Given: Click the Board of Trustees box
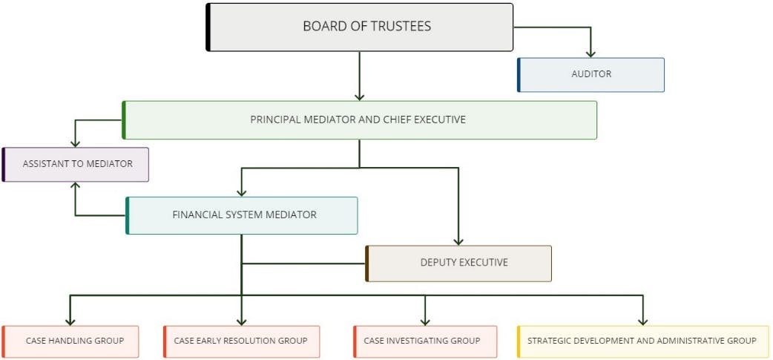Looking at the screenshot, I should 360,27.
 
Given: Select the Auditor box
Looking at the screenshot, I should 591,74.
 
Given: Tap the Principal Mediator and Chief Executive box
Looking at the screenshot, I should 359,120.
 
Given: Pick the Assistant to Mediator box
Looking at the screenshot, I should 76,164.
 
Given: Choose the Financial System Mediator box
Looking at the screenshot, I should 243,215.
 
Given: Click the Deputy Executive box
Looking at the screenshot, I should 459,263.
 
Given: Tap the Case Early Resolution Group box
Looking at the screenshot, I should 242,341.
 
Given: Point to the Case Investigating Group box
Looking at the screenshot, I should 425,341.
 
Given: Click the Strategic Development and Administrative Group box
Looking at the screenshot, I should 642,341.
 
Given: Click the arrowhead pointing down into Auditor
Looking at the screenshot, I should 591,53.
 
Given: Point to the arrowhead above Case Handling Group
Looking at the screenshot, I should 70,321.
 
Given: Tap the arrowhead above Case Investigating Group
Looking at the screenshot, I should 425,321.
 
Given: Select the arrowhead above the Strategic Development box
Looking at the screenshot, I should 642,321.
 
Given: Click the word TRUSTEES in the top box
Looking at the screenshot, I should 398,27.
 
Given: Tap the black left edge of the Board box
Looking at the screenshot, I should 208,27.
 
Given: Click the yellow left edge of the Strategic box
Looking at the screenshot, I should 519,341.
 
